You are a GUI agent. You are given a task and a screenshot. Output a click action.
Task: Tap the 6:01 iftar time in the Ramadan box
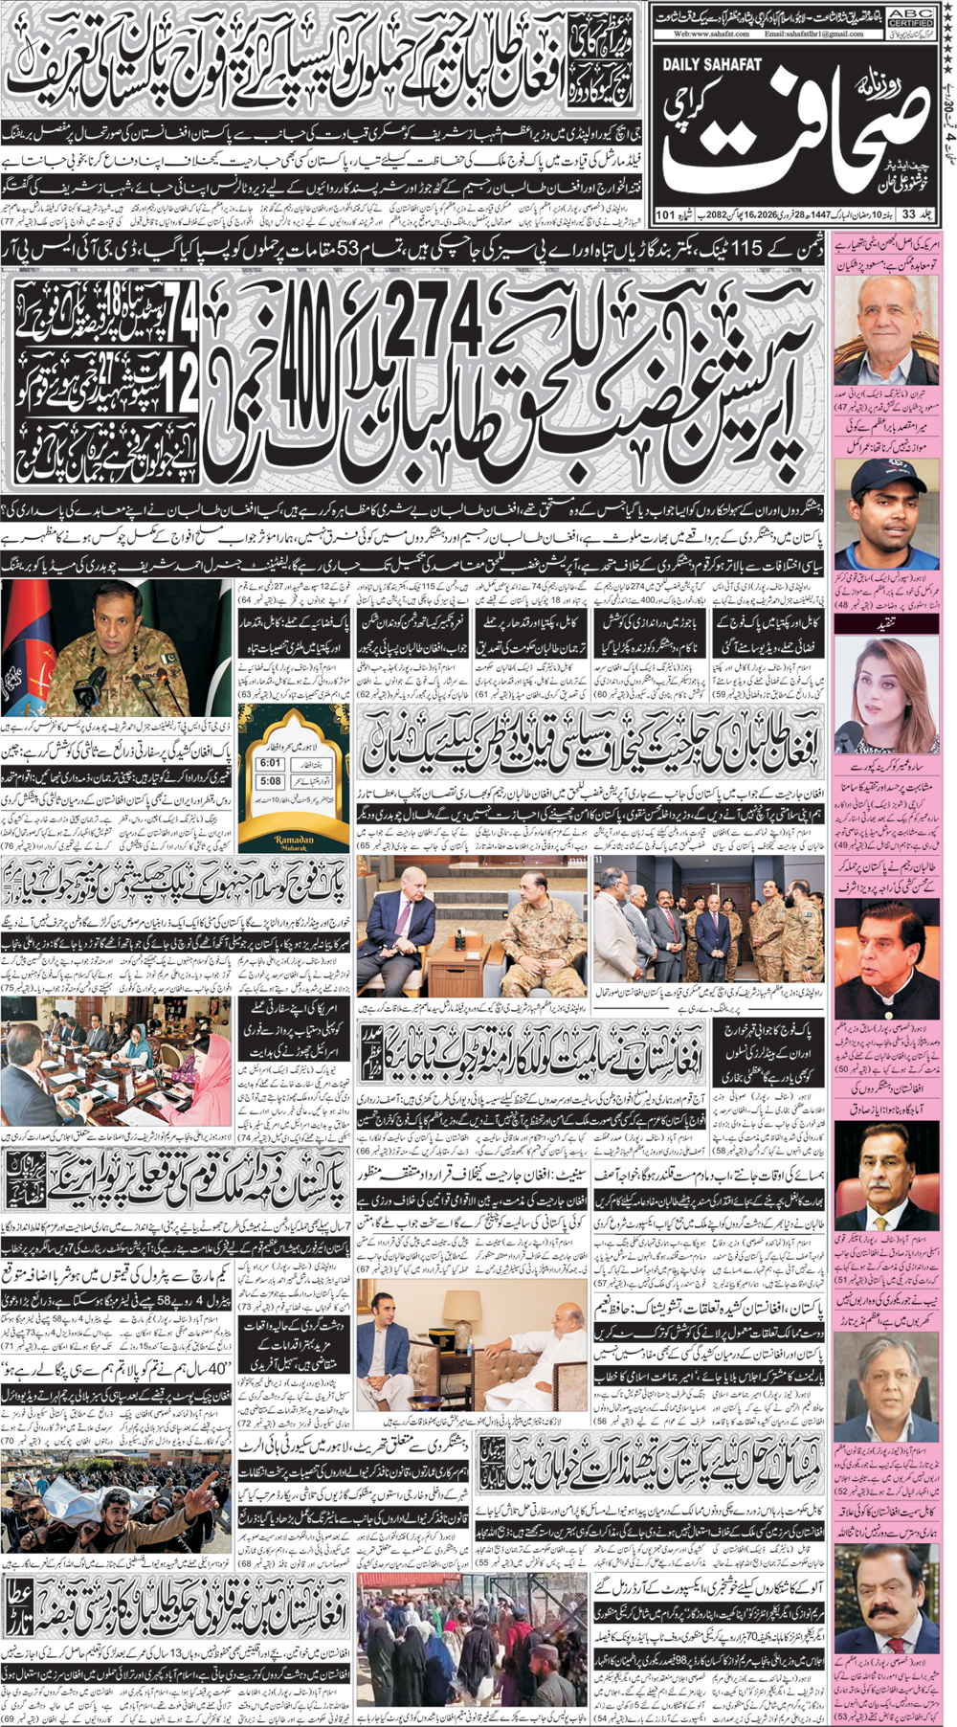click(x=270, y=763)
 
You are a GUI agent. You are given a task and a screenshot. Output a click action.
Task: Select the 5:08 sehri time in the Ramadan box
click(x=270, y=782)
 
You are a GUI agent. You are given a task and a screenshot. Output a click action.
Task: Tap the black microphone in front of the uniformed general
click(x=94, y=683)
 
